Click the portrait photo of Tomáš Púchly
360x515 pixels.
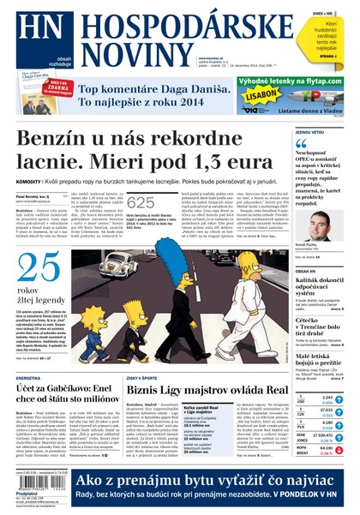tap(319, 228)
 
